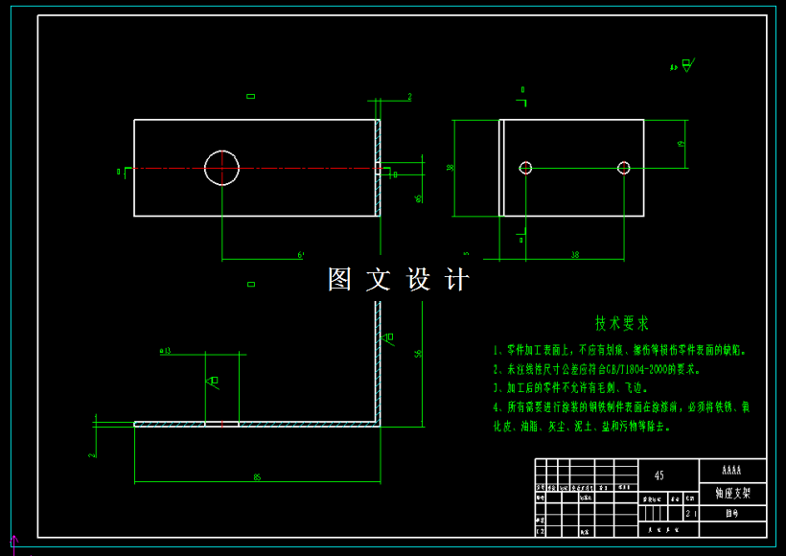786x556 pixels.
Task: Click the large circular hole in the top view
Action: [x=221, y=168]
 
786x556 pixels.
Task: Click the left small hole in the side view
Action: [x=525, y=168]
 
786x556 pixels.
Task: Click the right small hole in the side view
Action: [x=623, y=168]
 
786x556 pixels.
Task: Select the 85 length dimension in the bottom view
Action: [x=257, y=476]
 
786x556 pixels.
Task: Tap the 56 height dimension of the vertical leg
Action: [x=418, y=355]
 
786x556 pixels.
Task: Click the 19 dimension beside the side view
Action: [x=681, y=144]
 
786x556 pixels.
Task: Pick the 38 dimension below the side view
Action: [x=574, y=255]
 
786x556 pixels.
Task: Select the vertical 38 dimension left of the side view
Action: [x=450, y=168]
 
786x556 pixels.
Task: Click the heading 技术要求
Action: [x=622, y=323]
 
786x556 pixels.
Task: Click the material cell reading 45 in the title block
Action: [x=659, y=475]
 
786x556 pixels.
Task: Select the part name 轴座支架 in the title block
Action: [x=732, y=495]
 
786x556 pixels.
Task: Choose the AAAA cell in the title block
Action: [x=732, y=471]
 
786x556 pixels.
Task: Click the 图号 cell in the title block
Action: [x=732, y=514]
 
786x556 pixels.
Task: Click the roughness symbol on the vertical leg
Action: [x=387, y=337]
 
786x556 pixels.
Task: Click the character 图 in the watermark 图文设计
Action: [x=340, y=280]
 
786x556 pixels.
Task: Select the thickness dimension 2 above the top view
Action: [x=408, y=97]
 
